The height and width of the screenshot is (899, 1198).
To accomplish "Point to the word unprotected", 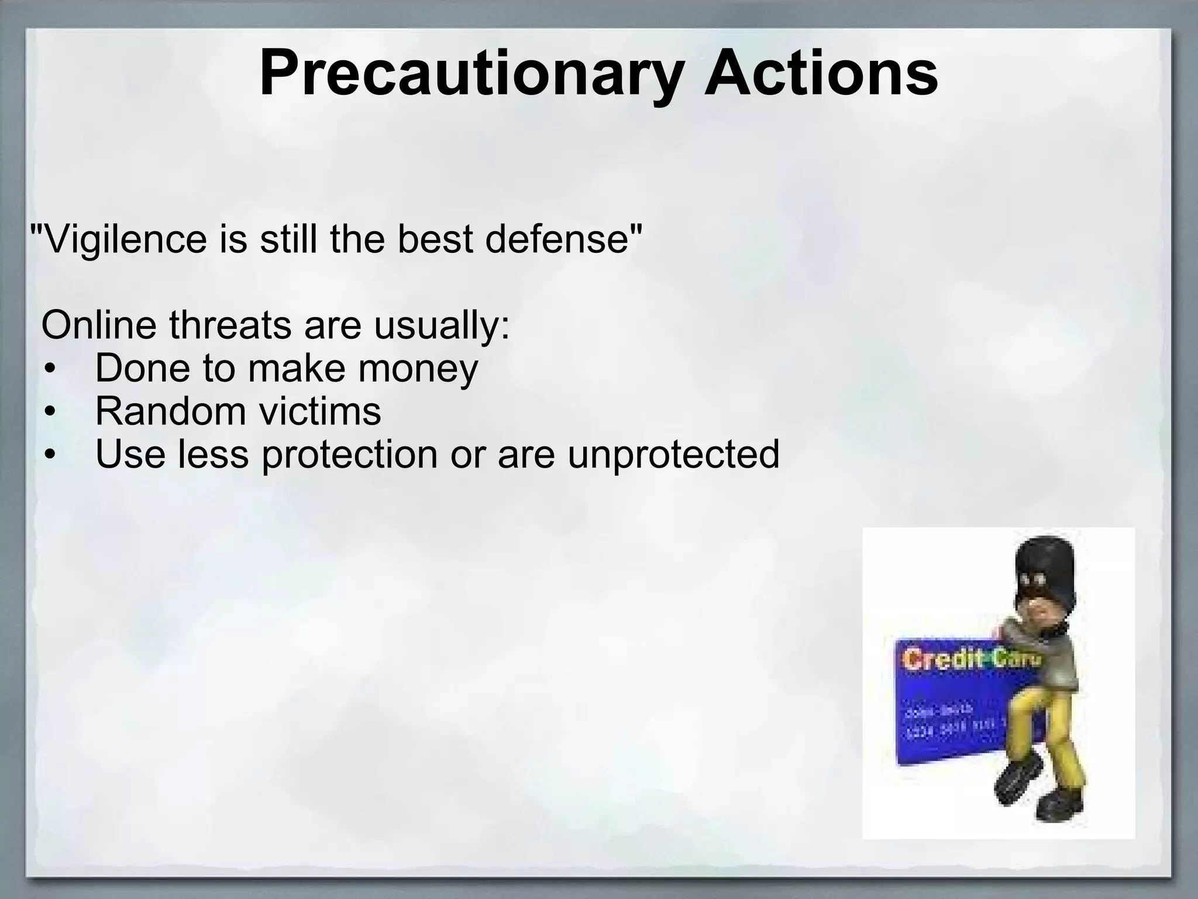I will click(x=673, y=455).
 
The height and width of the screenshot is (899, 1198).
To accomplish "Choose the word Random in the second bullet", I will click(x=170, y=411).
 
